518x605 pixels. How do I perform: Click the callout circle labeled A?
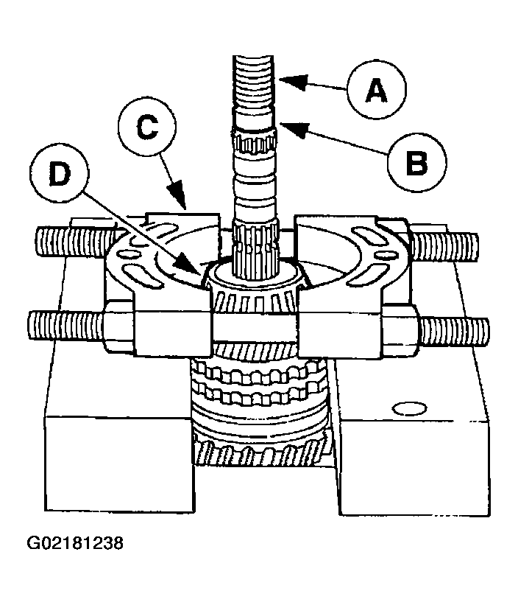point(377,90)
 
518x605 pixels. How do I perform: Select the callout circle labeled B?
point(417,161)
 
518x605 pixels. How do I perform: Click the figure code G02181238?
point(75,544)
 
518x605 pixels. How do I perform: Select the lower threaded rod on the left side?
point(63,323)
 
